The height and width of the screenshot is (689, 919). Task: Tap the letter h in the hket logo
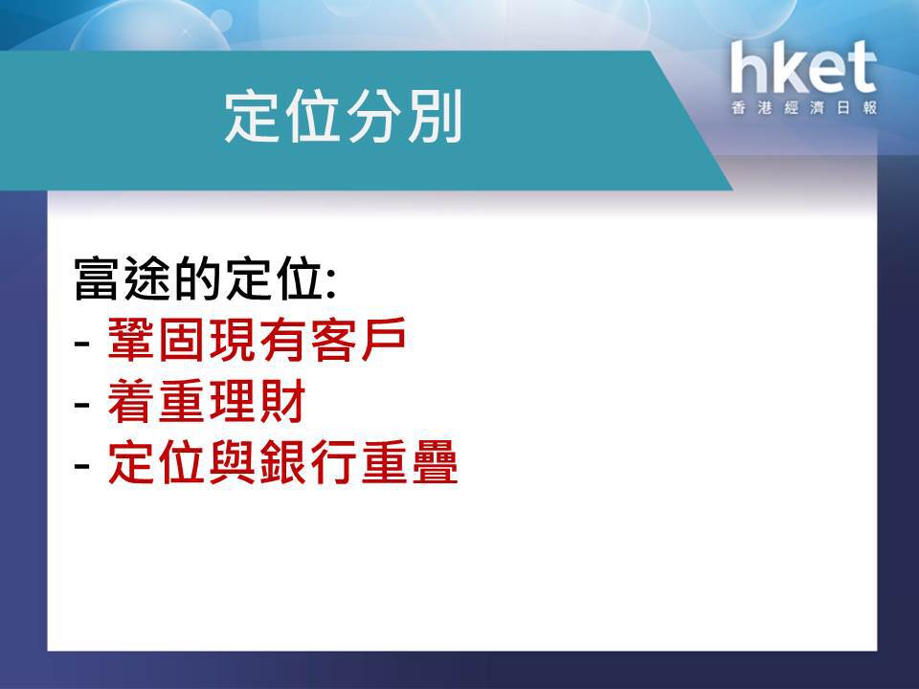pos(750,67)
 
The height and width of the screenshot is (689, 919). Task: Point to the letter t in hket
pos(861,69)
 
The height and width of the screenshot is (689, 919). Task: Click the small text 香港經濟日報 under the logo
pos(804,108)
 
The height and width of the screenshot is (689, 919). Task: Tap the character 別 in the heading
pos(435,116)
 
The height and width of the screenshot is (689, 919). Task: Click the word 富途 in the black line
pos(124,278)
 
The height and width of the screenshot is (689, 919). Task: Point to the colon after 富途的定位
pos(332,284)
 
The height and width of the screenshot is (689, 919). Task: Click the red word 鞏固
pos(158,340)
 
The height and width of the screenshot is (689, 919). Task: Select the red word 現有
pos(259,340)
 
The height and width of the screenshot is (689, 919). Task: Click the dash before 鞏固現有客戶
pos(82,344)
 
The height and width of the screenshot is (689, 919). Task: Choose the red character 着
pos(132,401)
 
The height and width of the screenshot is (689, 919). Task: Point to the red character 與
pos(234,463)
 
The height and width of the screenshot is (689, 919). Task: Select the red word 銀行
pos(309,463)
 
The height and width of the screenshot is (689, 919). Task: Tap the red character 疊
pos(435,463)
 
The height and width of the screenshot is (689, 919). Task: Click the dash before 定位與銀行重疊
pos(82,467)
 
